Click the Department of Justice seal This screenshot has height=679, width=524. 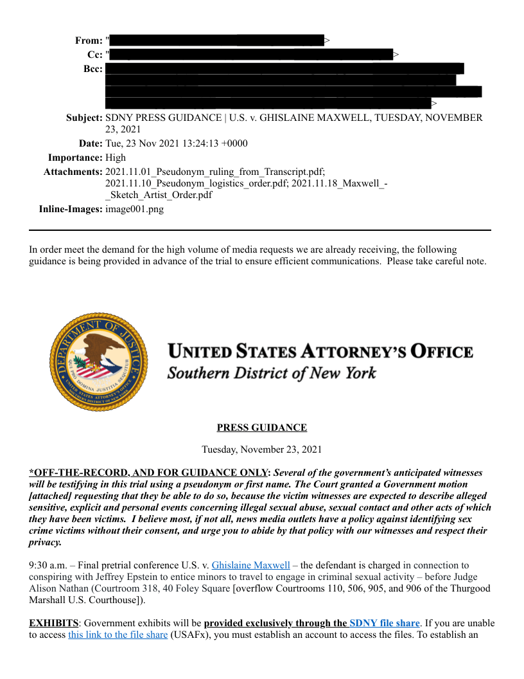point(98,363)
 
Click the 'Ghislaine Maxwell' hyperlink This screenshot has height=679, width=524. point(250,565)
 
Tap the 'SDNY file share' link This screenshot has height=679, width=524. point(384,623)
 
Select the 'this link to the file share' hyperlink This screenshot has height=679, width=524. point(118,635)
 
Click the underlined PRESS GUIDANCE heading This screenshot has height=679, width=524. point(261,428)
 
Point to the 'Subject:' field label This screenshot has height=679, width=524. point(84,118)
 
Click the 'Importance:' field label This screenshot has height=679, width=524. point(75,158)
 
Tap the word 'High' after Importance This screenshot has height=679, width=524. point(116,158)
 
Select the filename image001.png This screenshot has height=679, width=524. point(134,209)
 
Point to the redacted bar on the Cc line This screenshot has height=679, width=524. point(251,55)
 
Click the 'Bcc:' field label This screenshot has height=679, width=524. point(92,69)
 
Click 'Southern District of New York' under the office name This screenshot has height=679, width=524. point(272,373)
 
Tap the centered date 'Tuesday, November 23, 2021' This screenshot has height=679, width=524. point(261,449)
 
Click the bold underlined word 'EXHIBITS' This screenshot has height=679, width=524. point(53,623)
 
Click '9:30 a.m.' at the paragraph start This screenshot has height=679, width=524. point(47,565)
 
